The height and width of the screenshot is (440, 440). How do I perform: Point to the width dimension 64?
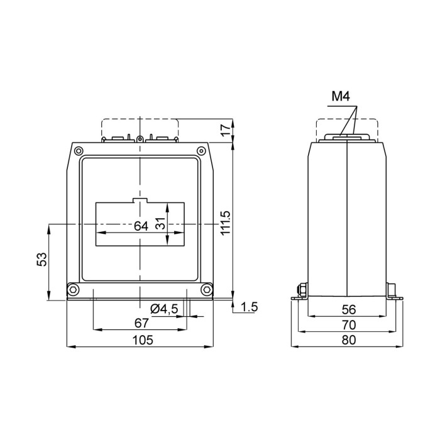[141, 226]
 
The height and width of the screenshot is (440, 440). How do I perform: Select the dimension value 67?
[141, 323]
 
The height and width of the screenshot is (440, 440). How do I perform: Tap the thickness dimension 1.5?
[250, 307]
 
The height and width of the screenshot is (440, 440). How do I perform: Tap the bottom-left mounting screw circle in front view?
[74, 290]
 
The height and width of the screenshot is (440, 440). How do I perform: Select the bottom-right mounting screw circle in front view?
[206, 290]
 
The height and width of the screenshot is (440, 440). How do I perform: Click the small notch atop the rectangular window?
[140, 201]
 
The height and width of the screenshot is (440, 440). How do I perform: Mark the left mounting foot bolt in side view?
[300, 290]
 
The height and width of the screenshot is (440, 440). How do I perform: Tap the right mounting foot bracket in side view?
[393, 292]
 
